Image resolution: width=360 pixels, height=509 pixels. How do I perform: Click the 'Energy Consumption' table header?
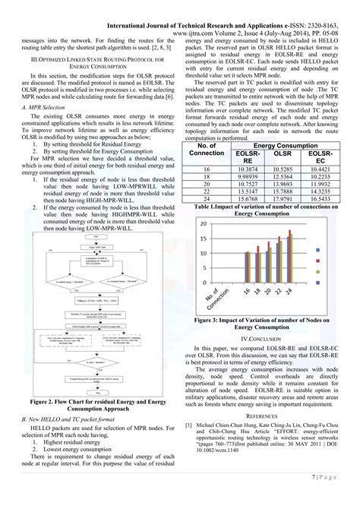(x=288, y=144)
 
